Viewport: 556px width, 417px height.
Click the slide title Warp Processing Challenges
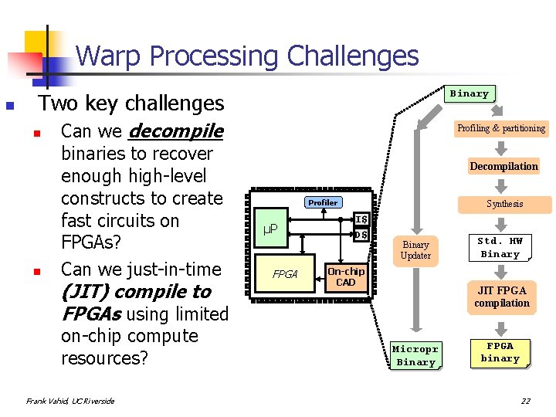point(247,56)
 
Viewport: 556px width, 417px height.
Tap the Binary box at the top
point(470,93)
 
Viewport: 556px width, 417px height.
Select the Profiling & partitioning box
point(500,128)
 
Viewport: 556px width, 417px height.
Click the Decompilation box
point(503,166)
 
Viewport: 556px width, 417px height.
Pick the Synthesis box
point(504,204)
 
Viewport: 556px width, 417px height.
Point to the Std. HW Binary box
point(500,247)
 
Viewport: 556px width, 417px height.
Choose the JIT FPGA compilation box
point(502,297)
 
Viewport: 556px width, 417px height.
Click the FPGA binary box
point(500,352)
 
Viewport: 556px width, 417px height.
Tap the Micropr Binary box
point(415,355)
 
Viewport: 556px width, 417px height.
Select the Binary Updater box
point(415,249)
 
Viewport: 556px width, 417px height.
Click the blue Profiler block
point(323,202)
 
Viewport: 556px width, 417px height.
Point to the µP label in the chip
point(270,229)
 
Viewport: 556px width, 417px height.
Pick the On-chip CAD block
point(346,276)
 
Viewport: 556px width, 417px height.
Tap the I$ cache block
point(360,219)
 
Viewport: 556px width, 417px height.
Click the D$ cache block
point(360,234)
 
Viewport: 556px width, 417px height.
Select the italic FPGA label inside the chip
point(285,274)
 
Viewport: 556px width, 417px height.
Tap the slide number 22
point(525,400)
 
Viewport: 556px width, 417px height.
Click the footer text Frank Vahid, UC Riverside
point(70,401)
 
